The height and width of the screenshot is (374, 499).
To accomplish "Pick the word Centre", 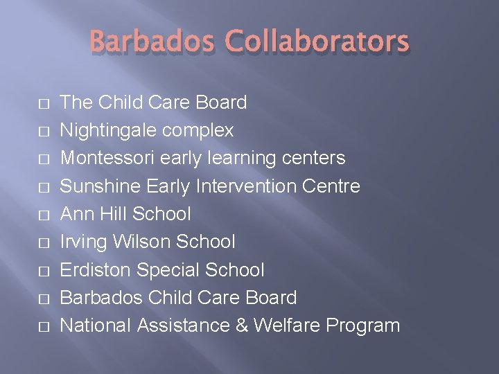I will [x=335, y=186].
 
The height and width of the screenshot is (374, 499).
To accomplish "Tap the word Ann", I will [x=76, y=214].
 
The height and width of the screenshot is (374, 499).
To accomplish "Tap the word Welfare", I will [x=289, y=325].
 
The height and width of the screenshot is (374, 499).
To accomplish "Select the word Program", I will [x=365, y=325].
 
